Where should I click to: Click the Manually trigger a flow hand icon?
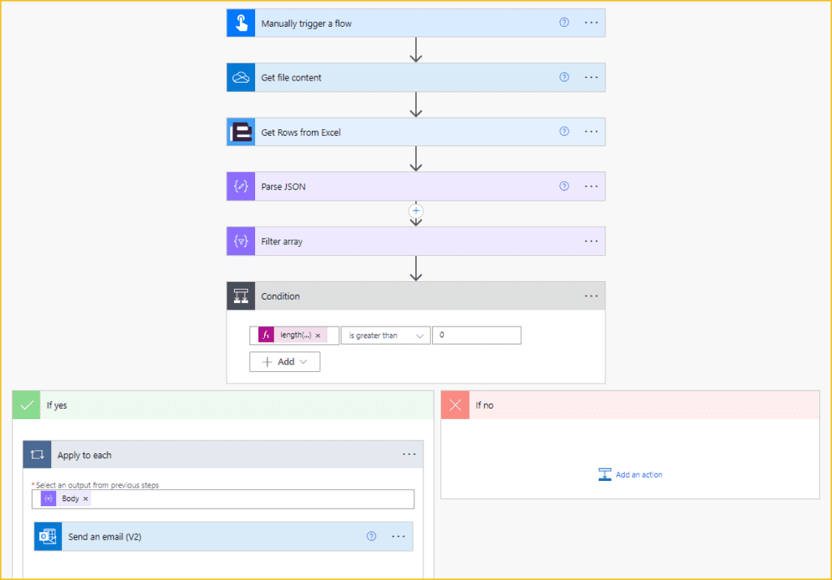click(x=240, y=24)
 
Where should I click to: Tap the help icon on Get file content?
click(x=564, y=77)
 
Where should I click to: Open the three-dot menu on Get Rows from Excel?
click(x=591, y=132)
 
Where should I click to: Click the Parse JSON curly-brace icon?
click(x=240, y=186)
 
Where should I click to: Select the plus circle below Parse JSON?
click(x=416, y=211)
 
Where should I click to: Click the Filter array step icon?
click(x=240, y=241)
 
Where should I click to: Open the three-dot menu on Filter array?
click(x=591, y=241)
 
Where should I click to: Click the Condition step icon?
click(x=240, y=296)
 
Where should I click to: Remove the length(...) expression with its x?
click(x=318, y=335)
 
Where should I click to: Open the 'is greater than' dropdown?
click(x=385, y=335)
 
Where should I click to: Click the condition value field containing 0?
click(x=476, y=335)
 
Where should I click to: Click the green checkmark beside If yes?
click(x=27, y=405)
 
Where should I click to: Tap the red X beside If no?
click(x=455, y=405)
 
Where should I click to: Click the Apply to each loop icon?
click(x=37, y=455)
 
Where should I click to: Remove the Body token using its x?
click(x=85, y=499)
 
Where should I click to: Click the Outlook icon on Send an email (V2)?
click(x=48, y=536)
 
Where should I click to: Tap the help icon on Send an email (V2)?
click(x=371, y=536)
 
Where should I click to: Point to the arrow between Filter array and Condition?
click(x=416, y=269)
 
